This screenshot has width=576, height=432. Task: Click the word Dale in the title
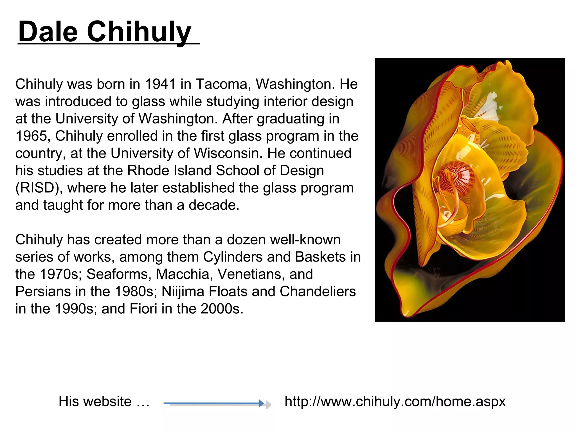(48, 32)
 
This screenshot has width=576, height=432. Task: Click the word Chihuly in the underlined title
(139, 32)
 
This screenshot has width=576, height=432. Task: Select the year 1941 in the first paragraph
(160, 84)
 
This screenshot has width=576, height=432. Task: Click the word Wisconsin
(228, 153)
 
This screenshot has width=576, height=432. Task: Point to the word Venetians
(251, 274)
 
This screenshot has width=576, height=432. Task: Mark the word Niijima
(183, 292)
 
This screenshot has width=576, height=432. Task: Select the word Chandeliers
(318, 292)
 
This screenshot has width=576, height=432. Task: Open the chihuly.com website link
(395, 401)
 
